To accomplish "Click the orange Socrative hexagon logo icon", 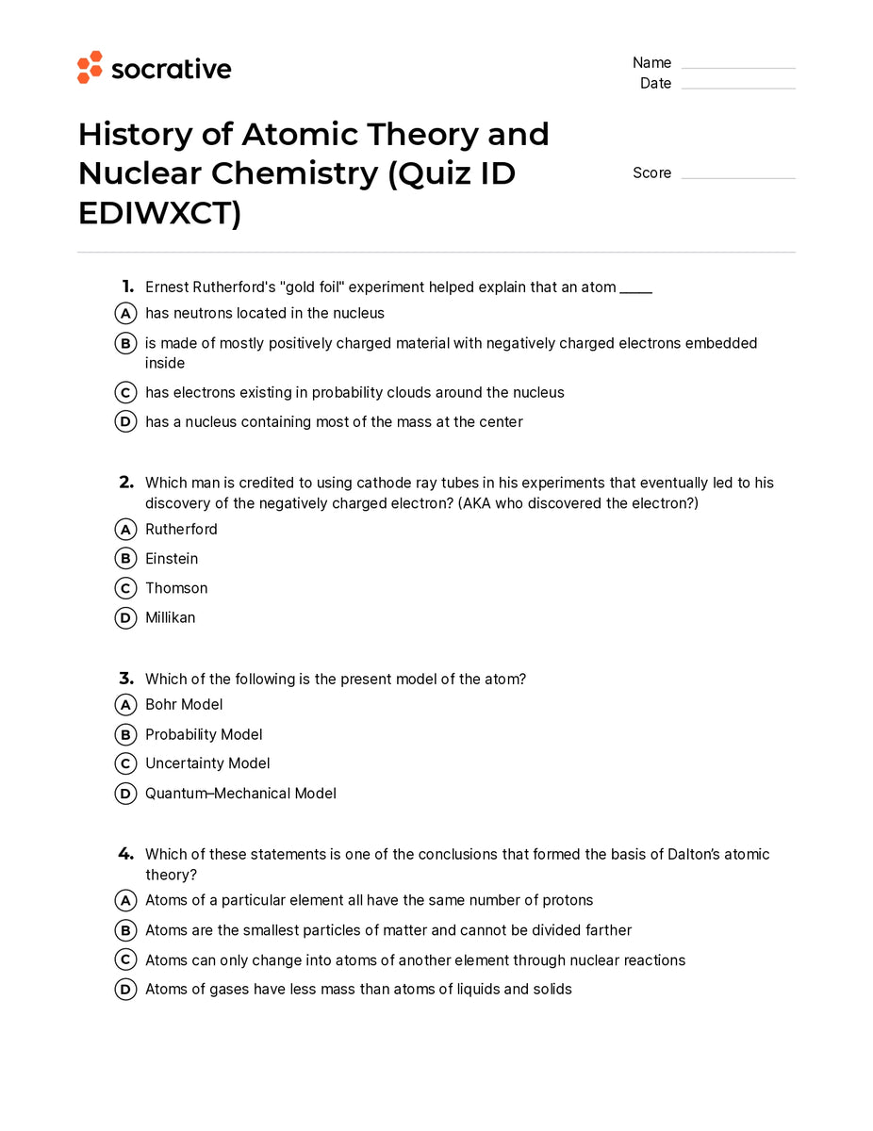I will coord(90,68).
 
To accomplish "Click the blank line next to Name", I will coord(738,67).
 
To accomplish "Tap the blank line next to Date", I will coord(738,88).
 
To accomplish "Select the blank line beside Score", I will coord(738,177).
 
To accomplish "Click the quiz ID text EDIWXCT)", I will coord(159,214).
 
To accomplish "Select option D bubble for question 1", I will coord(125,422).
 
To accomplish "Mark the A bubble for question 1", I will coord(125,314).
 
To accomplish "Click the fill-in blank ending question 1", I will coord(635,288).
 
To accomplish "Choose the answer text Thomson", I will coord(176,588).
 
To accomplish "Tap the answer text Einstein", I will coord(172,559).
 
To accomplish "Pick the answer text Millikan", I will coord(171,618).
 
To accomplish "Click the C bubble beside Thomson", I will coord(125,589).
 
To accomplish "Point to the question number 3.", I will coord(125,679).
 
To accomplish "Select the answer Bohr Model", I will coord(184,705).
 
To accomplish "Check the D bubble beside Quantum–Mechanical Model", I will coord(125,795).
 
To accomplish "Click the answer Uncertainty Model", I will coord(207,763).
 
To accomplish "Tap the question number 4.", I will coord(125,854).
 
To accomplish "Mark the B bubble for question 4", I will coord(125,931).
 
